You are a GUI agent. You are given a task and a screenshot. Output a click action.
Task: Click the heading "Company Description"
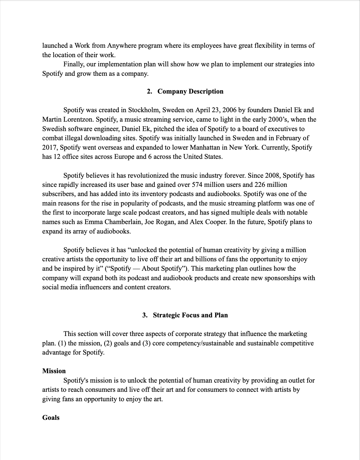[x=190, y=91]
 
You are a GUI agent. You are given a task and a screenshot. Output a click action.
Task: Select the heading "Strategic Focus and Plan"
[x=190, y=315]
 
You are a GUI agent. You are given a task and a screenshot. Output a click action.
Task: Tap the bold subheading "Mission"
[x=54, y=371]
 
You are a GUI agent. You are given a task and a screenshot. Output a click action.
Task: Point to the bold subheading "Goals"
[x=51, y=418]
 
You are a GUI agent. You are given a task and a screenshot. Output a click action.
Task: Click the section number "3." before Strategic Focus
[x=145, y=315]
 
